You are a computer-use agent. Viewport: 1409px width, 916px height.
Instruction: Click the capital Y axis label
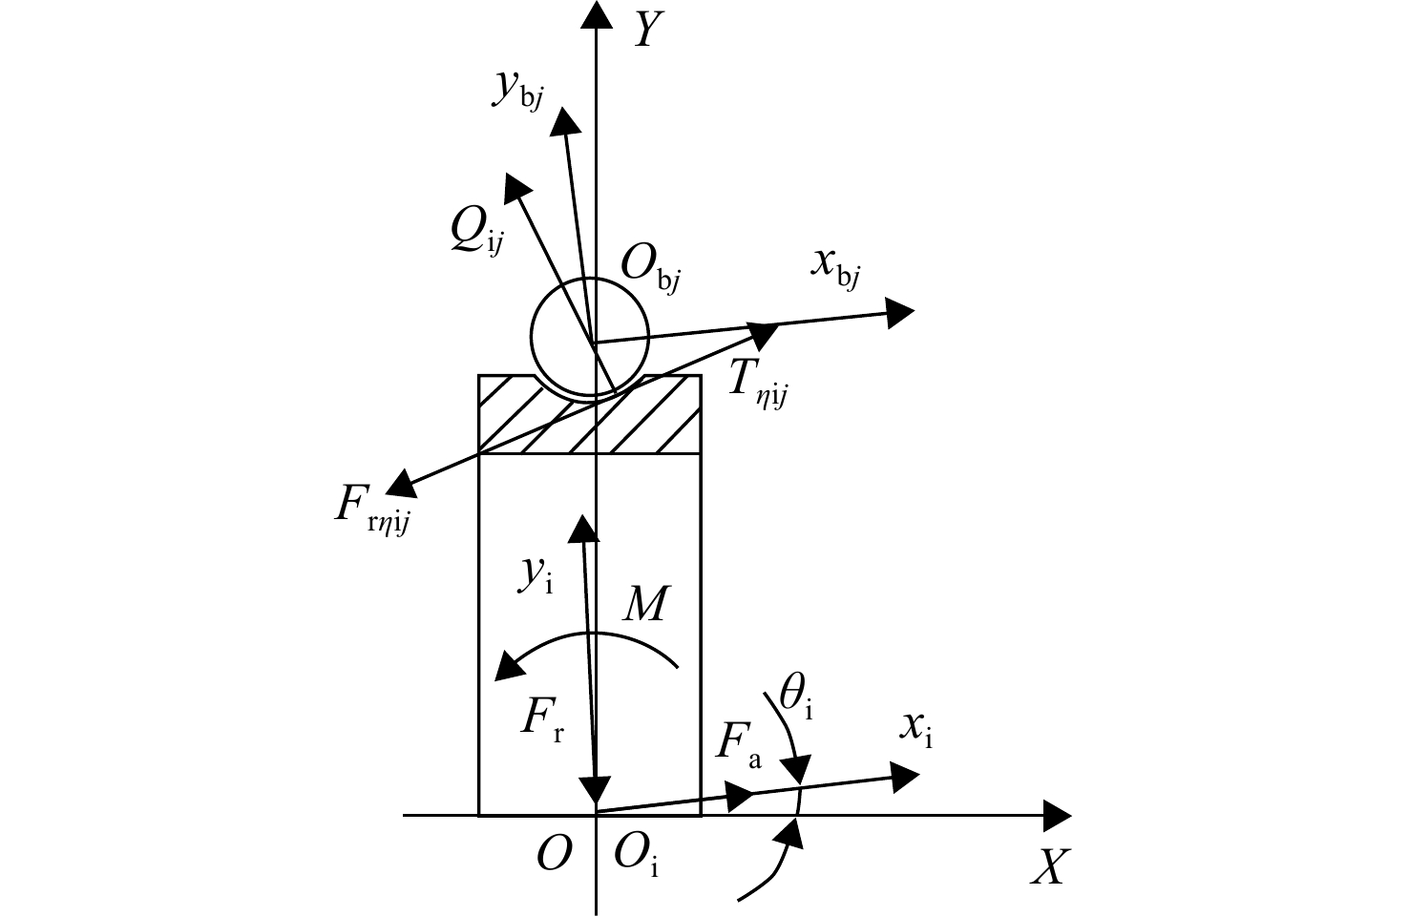click(x=648, y=30)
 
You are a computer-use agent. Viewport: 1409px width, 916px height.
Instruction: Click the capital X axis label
click(x=1050, y=867)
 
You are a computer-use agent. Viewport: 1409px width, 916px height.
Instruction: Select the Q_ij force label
click(x=477, y=232)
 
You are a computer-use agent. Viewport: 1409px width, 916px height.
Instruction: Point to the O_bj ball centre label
click(x=650, y=268)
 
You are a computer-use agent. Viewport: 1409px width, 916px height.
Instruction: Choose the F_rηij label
click(x=372, y=510)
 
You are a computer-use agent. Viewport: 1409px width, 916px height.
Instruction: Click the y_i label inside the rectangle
click(x=536, y=575)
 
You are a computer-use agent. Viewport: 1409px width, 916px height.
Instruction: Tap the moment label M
click(x=644, y=604)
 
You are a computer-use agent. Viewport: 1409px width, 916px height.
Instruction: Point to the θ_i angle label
click(x=796, y=697)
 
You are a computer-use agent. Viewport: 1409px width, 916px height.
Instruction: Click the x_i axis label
click(x=915, y=731)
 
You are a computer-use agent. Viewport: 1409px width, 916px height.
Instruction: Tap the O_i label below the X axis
click(x=636, y=856)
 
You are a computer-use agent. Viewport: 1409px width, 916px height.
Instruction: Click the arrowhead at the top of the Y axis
click(x=596, y=13)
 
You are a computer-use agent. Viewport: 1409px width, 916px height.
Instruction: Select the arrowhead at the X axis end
click(x=1058, y=816)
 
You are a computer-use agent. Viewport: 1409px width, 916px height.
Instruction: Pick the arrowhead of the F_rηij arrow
click(x=400, y=484)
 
